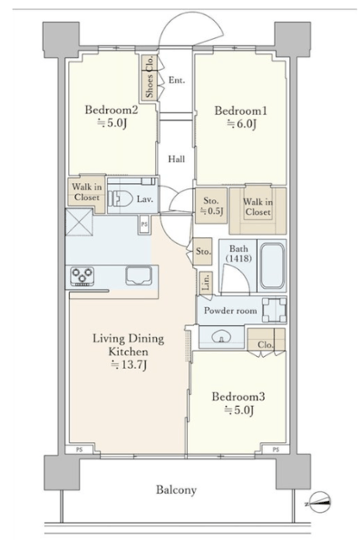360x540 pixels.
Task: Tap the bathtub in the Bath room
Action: [272, 267]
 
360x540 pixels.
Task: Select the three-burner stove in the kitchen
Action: [82, 277]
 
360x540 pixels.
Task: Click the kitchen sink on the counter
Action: [138, 275]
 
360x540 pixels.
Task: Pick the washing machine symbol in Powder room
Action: [274, 310]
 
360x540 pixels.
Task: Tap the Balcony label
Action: [176, 489]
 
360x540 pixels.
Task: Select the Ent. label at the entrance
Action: [176, 80]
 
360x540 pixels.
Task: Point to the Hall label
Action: [176, 159]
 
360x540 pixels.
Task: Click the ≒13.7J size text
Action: [128, 364]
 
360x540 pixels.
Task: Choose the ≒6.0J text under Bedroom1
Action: [241, 124]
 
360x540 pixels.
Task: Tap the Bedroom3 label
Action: [238, 397]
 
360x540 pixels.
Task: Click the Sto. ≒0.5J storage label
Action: [211, 206]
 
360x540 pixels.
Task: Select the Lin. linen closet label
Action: [206, 283]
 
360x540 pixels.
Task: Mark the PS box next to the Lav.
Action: [144, 224]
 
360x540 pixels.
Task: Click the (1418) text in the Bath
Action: [239, 258]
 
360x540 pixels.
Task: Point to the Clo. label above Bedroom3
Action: [266, 345]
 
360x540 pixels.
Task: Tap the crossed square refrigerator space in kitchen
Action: [78, 222]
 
